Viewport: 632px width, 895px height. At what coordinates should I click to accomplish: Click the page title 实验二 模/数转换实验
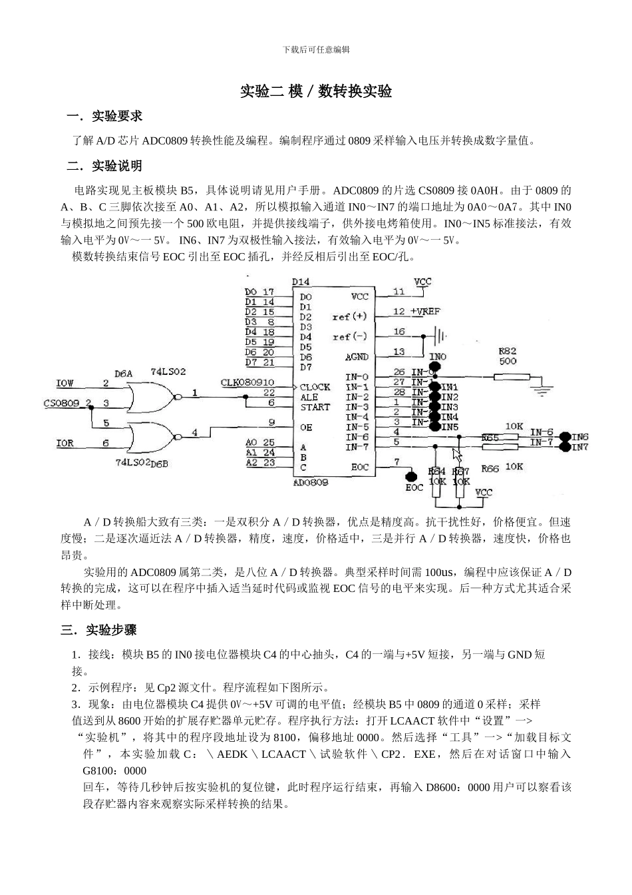click(315, 91)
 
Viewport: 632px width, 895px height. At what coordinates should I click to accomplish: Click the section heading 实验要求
click(116, 117)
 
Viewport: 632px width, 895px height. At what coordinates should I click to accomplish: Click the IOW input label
click(65, 384)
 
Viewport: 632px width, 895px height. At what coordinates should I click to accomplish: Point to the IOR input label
click(65, 444)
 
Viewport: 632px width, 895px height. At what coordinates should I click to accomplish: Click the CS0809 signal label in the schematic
click(61, 404)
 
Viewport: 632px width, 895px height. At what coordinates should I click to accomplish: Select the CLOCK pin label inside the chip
click(315, 387)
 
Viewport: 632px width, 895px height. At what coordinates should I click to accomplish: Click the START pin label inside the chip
click(315, 407)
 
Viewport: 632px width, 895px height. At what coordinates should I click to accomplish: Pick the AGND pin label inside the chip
click(357, 358)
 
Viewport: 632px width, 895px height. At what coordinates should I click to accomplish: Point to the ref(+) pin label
click(350, 316)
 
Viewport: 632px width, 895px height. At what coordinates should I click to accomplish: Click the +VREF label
click(425, 311)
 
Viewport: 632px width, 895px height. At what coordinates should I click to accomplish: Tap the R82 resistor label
click(507, 351)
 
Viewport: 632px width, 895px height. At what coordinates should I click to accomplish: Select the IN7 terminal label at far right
click(581, 447)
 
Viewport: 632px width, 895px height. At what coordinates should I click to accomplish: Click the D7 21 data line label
click(259, 362)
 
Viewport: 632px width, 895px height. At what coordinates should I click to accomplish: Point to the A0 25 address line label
click(259, 442)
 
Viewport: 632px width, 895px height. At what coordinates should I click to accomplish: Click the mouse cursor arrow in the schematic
click(456, 454)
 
